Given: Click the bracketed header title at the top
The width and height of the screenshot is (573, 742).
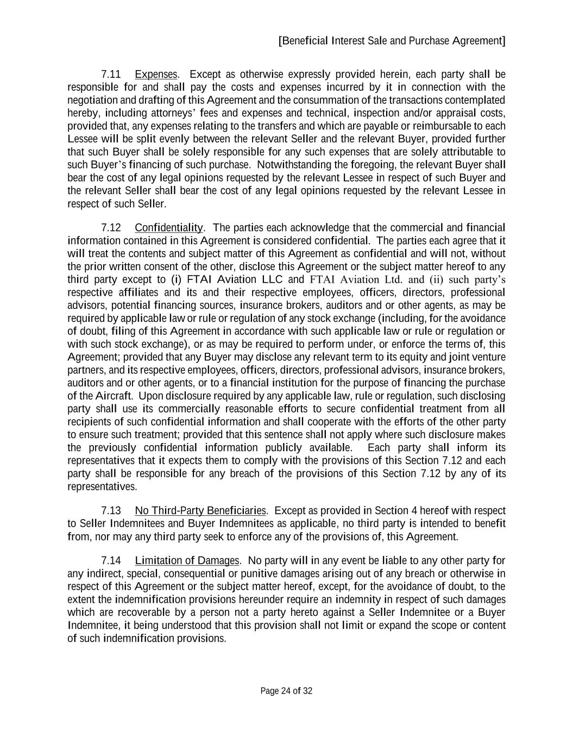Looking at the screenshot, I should tap(392, 41).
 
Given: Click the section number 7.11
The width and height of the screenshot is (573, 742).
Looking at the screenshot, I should tap(111, 74).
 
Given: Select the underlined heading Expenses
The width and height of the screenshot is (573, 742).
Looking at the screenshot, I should tap(156, 74).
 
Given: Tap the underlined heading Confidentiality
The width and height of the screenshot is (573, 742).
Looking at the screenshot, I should tap(169, 227).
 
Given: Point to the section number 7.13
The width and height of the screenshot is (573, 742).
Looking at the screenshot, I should tap(111, 510).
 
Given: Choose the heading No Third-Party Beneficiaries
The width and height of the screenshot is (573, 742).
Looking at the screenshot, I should tap(200, 510).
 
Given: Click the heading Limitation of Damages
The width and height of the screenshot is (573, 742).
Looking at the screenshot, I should tap(187, 560).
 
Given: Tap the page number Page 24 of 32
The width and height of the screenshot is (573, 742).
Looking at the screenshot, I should tap(286, 691).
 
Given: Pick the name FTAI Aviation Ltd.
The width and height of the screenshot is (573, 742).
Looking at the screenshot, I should tap(352, 279).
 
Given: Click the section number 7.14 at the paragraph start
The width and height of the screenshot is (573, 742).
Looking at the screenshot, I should tap(111, 560).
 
